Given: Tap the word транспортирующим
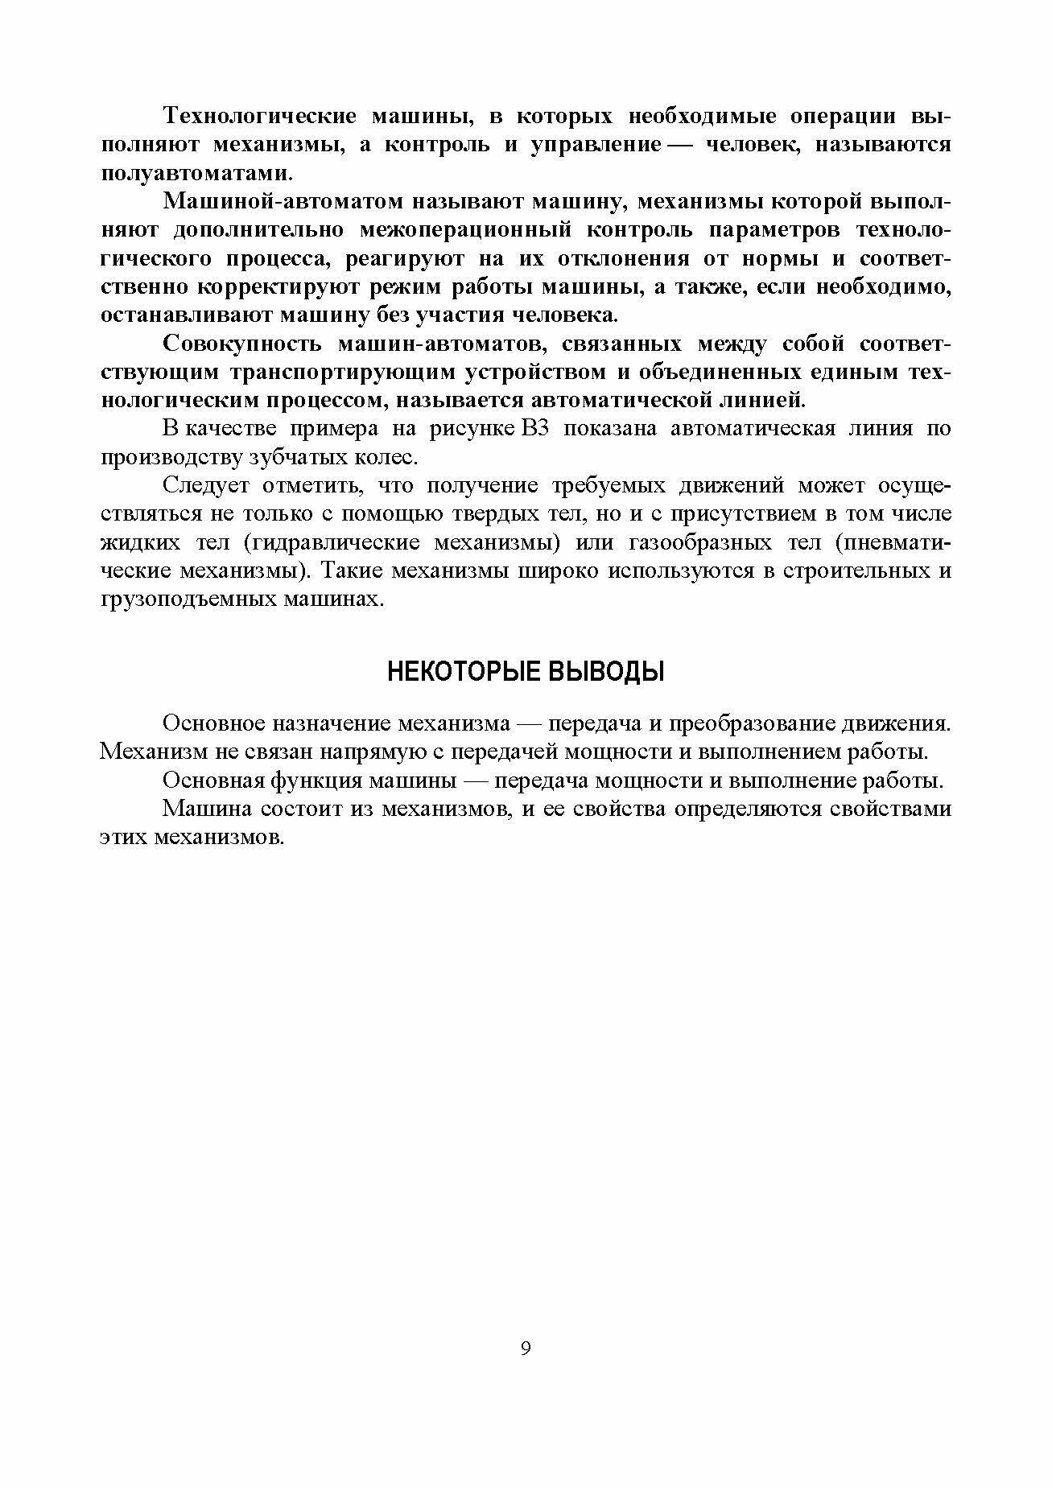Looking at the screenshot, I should (x=336, y=373).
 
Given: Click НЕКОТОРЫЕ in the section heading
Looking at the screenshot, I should (x=462, y=670).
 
